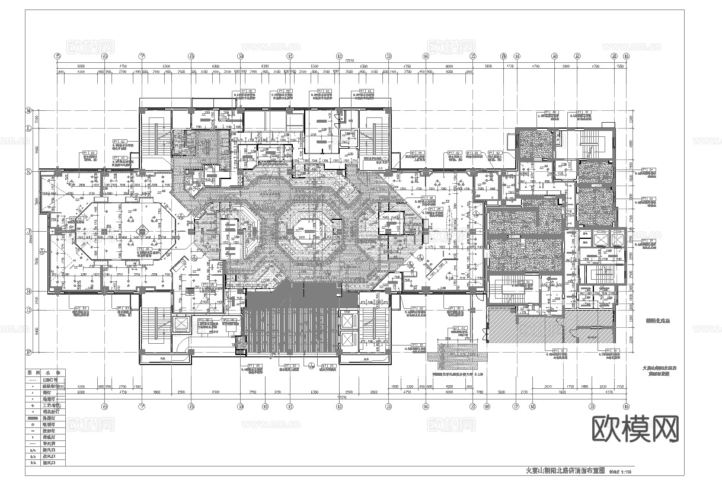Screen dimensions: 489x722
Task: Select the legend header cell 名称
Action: [52, 370]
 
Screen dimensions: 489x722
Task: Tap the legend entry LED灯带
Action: [52, 378]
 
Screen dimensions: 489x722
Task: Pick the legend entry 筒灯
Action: [52, 391]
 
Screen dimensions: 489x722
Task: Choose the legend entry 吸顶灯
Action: [52, 424]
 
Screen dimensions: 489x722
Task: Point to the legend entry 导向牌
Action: [52, 444]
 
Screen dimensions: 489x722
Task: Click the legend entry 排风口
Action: [52, 450]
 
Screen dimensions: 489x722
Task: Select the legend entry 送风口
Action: [52, 457]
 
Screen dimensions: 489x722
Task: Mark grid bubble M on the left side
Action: [28, 110]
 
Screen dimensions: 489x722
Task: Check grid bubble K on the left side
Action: [28, 172]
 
